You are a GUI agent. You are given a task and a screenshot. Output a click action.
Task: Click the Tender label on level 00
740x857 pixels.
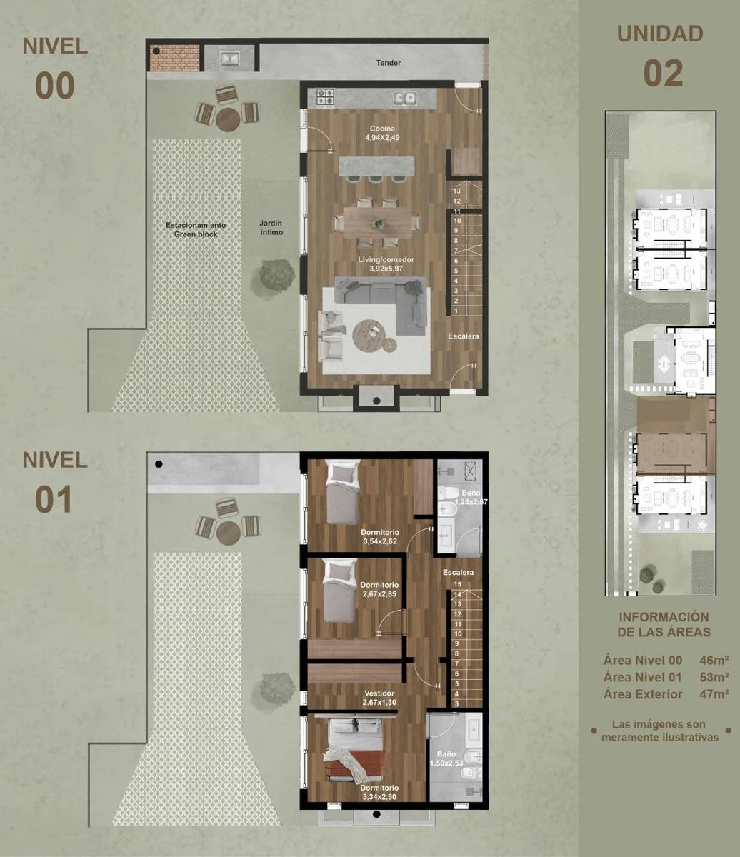[x=389, y=63]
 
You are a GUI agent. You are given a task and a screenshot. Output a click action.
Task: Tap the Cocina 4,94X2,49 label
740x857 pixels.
[x=382, y=133]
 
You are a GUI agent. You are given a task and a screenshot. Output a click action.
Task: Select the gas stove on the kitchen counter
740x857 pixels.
[x=326, y=97]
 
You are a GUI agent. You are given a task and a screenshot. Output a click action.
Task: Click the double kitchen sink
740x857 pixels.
[x=405, y=99]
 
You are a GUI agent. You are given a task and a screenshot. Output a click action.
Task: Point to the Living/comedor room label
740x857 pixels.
[x=386, y=264]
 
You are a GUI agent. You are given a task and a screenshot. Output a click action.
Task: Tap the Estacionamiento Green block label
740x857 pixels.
[x=196, y=230]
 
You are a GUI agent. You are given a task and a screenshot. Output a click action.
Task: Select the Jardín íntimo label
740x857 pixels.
[x=271, y=228]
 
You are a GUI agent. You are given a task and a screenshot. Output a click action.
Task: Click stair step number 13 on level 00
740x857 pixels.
[x=456, y=191]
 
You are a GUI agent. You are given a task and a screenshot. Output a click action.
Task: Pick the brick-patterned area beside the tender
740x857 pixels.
[x=174, y=58]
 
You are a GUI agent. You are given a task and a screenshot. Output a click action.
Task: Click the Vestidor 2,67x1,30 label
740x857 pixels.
[x=379, y=698]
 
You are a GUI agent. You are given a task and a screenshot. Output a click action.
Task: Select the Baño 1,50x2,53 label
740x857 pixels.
[x=446, y=758]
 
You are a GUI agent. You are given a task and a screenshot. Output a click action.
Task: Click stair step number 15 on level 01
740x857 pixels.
[x=457, y=585]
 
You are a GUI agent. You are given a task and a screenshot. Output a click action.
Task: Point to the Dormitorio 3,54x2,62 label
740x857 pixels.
[x=380, y=536]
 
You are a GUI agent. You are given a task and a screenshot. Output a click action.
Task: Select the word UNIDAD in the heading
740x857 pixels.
[x=660, y=34]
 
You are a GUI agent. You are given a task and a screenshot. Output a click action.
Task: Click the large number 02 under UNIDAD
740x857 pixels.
[x=663, y=73]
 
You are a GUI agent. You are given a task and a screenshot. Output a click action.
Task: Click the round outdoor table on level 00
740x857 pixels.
[x=228, y=120]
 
